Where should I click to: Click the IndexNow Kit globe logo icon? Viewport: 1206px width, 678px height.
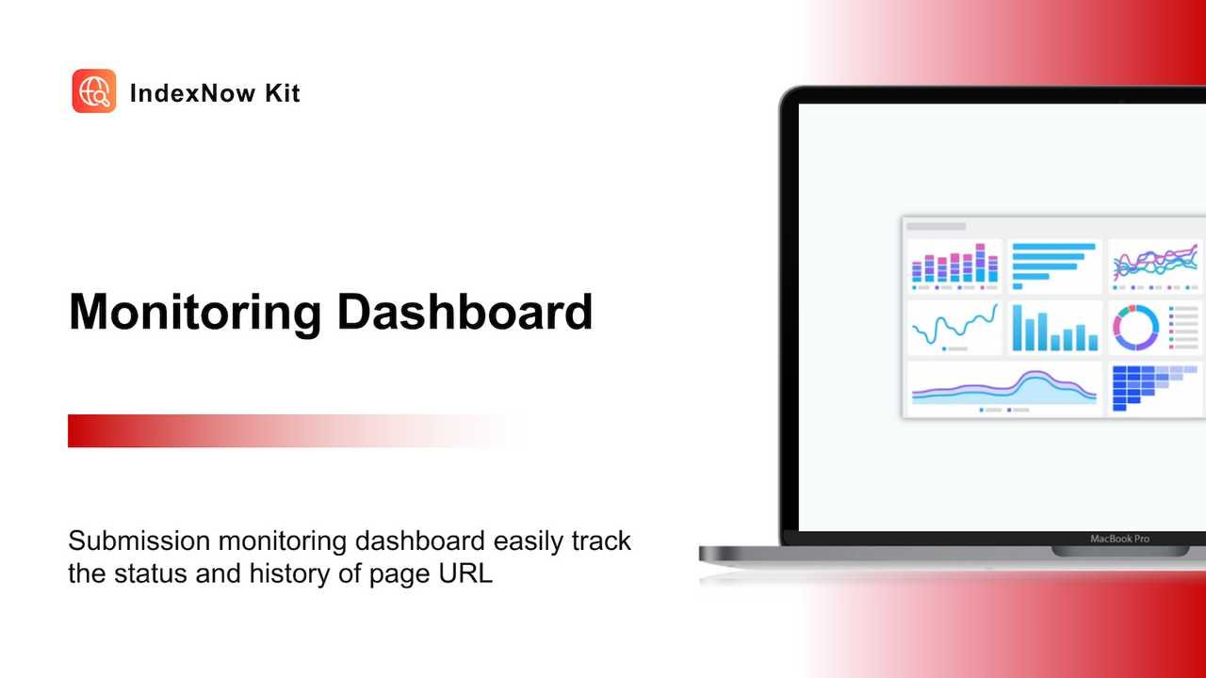click(x=94, y=91)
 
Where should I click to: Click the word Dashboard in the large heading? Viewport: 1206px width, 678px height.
click(x=464, y=313)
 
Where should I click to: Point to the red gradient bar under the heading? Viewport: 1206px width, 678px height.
click(x=283, y=430)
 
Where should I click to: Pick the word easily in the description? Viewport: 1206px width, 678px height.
click(x=531, y=542)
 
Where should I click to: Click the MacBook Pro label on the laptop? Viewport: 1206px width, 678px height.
click(x=1119, y=540)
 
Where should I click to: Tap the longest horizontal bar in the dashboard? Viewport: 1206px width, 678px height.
click(x=1053, y=247)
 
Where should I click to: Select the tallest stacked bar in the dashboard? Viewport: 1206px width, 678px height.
click(x=980, y=263)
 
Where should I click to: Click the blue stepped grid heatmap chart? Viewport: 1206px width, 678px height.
click(x=1140, y=386)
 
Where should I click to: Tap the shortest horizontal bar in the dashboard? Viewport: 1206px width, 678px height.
click(x=1018, y=285)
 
